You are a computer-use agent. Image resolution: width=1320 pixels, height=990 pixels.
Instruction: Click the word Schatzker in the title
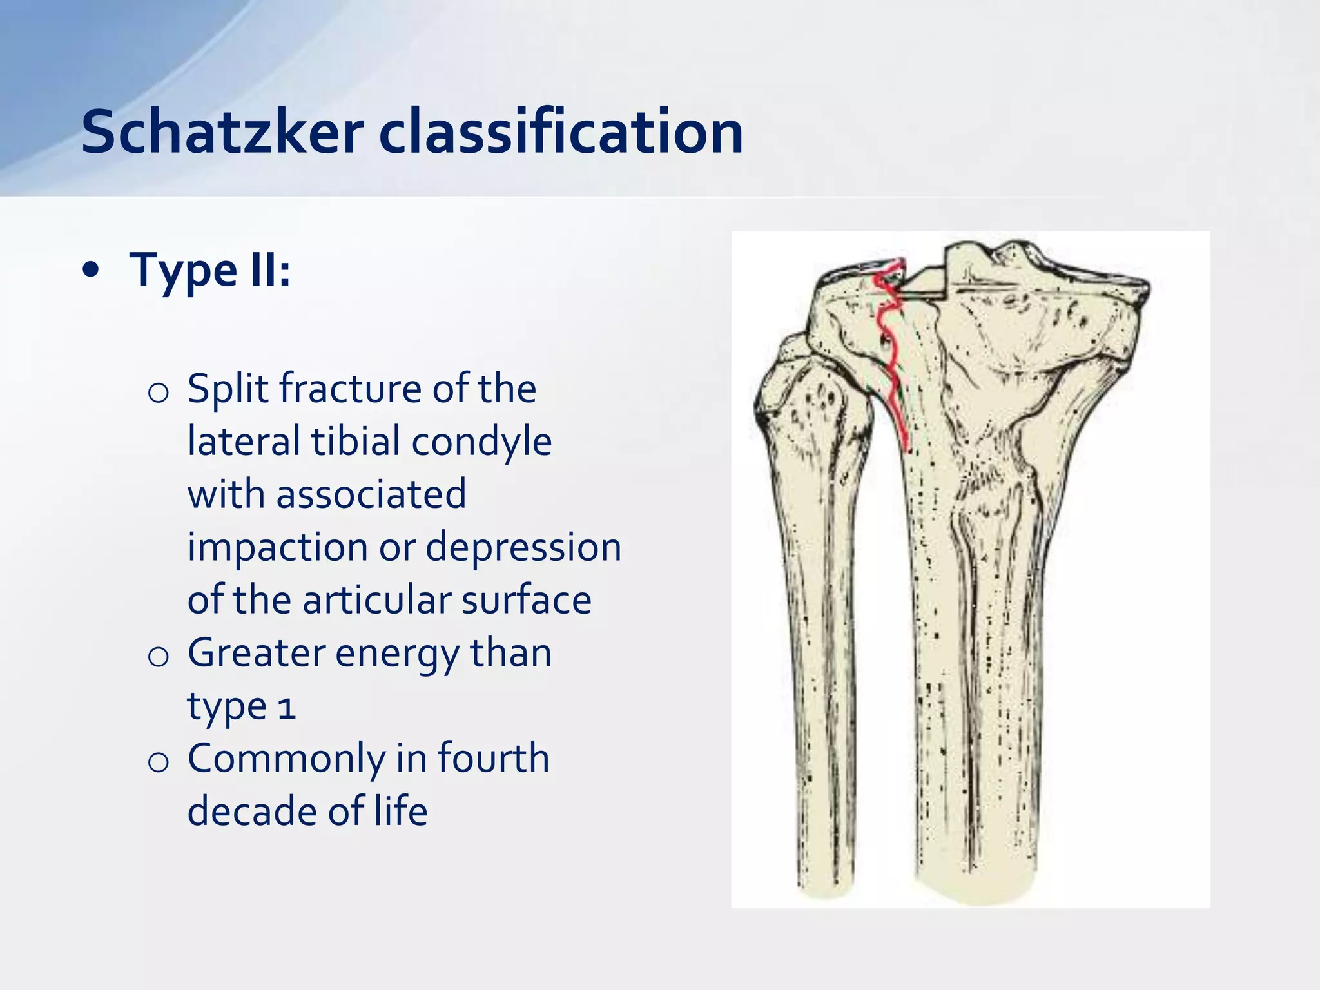pyautogui.click(x=222, y=132)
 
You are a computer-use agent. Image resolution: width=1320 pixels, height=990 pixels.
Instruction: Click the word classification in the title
pyautogui.click(x=561, y=132)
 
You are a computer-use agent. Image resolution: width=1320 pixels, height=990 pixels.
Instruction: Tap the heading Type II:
pyautogui.click(x=210, y=269)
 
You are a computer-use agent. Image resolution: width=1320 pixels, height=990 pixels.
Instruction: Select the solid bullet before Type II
pyautogui.click(x=92, y=271)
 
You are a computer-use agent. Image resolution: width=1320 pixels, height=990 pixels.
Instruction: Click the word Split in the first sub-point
pyautogui.click(x=228, y=389)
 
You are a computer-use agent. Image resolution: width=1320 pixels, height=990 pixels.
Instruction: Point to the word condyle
pyautogui.click(x=481, y=442)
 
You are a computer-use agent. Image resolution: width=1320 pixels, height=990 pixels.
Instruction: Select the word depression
pyautogui.click(x=523, y=548)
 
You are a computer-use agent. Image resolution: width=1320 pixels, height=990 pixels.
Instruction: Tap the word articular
pyautogui.click(x=376, y=600)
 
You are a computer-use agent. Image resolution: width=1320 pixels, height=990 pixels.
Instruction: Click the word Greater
pyautogui.click(x=255, y=653)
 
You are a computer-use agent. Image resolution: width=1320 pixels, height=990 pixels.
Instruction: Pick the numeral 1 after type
pyautogui.click(x=287, y=708)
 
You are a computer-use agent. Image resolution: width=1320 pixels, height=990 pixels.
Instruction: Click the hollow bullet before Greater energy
pyautogui.click(x=158, y=657)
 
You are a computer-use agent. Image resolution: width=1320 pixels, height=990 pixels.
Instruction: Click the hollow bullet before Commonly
pyautogui.click(x=158, y=762)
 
